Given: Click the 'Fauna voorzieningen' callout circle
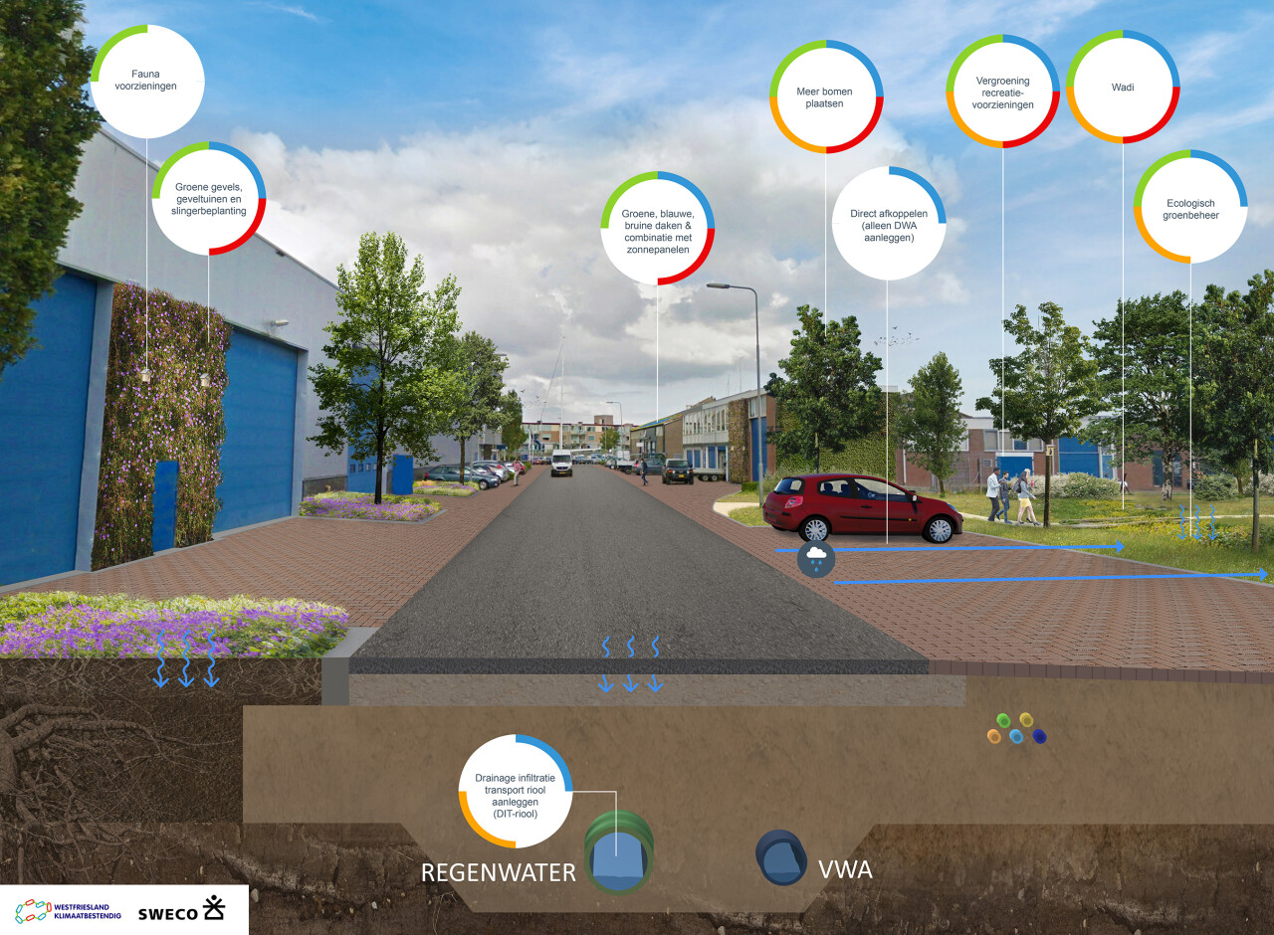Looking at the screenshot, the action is coord(147,82).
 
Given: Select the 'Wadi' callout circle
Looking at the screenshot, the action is coord(1123,87).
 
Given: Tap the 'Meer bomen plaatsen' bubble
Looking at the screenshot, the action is coord(826,96).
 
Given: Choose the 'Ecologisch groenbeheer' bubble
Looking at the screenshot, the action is coord(1190,207).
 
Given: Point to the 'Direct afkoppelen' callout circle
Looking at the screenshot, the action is coord(889,224).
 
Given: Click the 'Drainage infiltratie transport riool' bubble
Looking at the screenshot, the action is coord(516,792).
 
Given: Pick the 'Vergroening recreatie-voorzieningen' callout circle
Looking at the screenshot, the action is coord(1002,92).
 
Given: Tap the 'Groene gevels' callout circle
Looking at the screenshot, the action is coord(209,198).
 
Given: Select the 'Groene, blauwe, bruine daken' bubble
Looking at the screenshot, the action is coord(658,229).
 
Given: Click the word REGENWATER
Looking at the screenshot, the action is coord(499,872).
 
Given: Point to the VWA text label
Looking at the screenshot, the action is coord(845,869).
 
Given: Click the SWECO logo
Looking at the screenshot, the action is coord(181,909).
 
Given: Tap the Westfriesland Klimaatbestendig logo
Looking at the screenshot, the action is coord(68,911).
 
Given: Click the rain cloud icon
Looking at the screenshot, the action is coord(816,559).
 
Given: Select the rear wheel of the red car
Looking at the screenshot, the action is coord(815,528).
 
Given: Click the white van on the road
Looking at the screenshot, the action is coord(561,464).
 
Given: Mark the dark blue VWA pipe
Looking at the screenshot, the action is coord(780,857).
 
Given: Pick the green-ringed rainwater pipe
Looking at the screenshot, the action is coord(619,852).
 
